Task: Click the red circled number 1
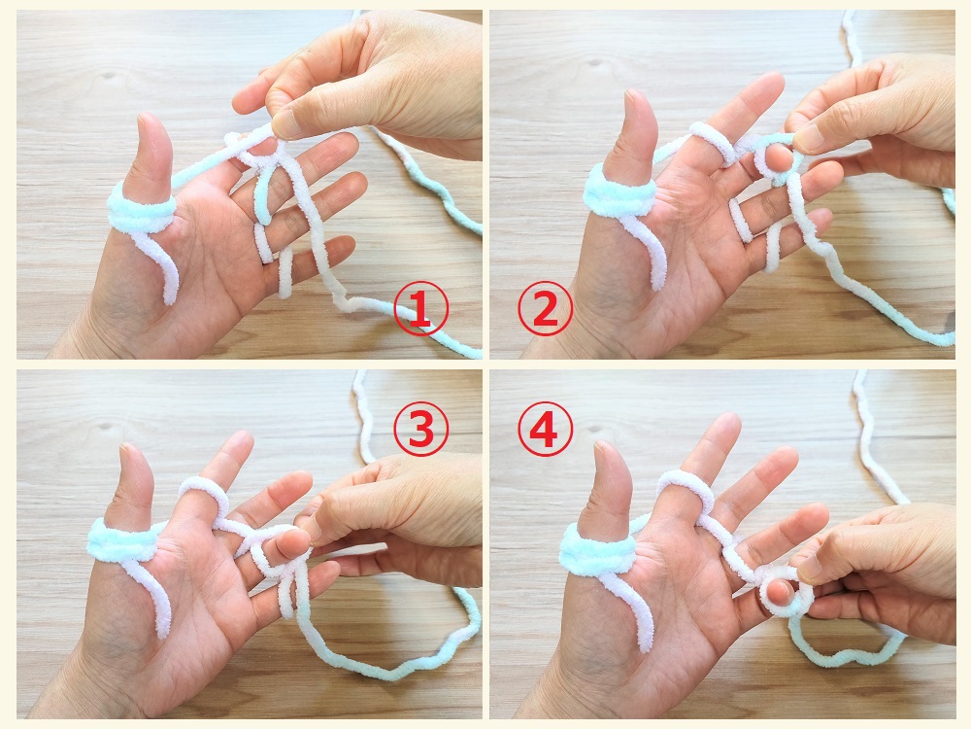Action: pyautogui.click(x=420, y=309)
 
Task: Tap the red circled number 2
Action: pyautogui.click(x=545, y=309)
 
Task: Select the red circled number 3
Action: pyautogui.click(x=420, y=429)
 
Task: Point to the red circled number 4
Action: pyautogui.click(x=545, y=429)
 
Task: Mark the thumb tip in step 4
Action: pyautogui.click(x=604, y=446)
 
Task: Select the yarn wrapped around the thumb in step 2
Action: pyautogui.click(x=619, y=191)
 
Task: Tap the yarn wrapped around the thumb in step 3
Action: pyautogui.click(x=124, y=541)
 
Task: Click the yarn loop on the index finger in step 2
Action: pyautogui.click(x=712, y=141)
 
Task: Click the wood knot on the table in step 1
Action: pyautogui.click(x=111, y=76)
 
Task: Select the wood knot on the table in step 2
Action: pyautogui.click(x=596, y=62)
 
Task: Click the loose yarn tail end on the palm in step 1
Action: pyautogui.click(x=169, y=296)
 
